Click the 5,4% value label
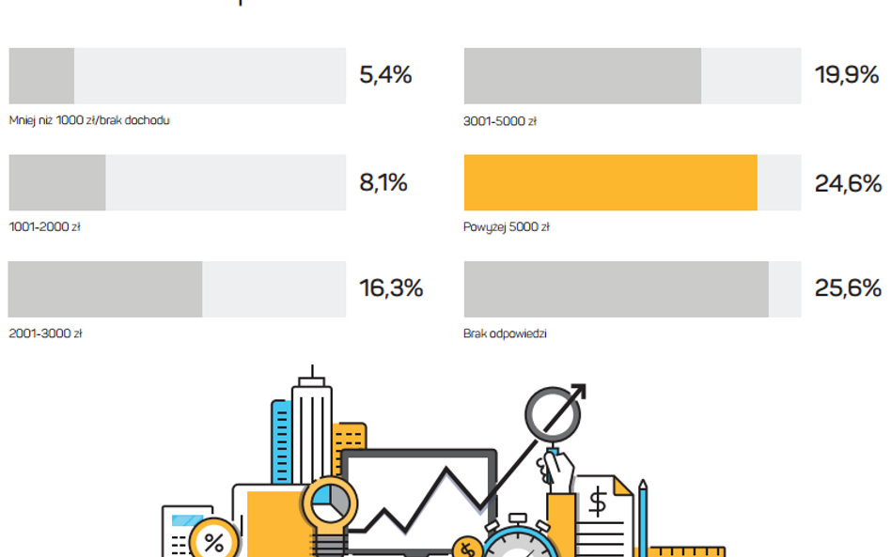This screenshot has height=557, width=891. tap(385, 76)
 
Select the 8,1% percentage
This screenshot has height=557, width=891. tap(383, 183)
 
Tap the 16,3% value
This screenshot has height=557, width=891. tap(391, 288)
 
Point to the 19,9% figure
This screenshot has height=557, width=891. tap(846, 76)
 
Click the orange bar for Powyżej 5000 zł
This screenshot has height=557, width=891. tap(610, 182)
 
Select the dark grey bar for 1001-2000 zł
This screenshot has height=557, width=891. tap(57, 182)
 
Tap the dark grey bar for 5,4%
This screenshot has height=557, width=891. tap(41, 76)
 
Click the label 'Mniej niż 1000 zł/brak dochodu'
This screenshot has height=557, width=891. tap(89, 120)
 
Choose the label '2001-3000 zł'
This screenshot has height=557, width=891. tap(45, 333)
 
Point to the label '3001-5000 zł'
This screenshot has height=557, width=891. tap(500, 120)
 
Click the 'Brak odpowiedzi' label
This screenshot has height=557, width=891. tap(505, 333)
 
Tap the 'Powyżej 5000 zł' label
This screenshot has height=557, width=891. tap(507, 226)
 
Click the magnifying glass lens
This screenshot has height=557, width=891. tap(548, 413)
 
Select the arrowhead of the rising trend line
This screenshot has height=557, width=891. tap(575, 394)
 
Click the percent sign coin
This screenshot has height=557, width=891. tap(214, 542)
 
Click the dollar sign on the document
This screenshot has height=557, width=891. tap(597, 503)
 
